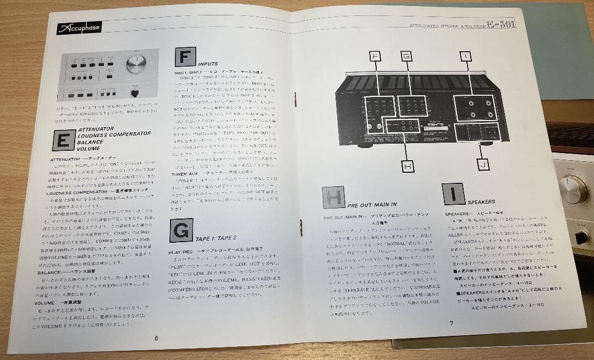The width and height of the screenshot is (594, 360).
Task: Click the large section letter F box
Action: click(185, 57)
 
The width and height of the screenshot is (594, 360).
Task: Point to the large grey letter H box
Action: click(333, 197)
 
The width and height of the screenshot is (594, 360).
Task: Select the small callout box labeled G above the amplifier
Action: click(406, 56)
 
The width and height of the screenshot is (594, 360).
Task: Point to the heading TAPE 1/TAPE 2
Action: click(217, 238)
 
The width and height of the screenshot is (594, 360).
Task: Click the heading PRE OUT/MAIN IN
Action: click(372, 205)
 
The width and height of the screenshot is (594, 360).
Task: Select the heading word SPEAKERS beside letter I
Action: click(482, 201)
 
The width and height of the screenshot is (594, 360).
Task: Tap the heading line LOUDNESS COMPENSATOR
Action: click(114, 134)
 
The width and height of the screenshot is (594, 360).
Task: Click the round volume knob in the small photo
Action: click(135, 64)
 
